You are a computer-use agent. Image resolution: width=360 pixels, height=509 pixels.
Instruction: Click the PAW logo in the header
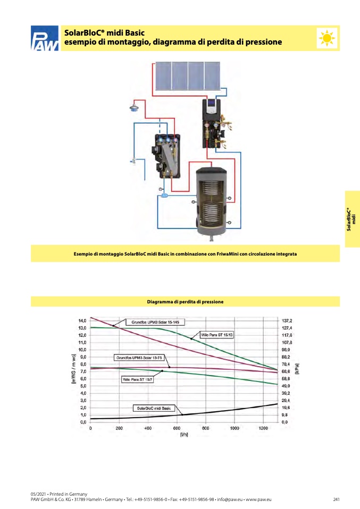[45, 38]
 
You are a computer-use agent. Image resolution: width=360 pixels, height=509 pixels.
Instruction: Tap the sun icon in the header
[327, 38]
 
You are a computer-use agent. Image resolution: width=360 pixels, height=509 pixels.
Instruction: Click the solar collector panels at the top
[188, 75]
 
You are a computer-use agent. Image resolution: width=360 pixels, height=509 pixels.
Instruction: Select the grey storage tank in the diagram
[211, 203]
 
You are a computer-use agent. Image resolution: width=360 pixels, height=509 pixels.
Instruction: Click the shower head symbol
[134, 107]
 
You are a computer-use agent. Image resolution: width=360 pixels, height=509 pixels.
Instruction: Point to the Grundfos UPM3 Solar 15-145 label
[155, 322]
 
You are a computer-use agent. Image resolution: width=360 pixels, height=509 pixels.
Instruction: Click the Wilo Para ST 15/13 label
[217, 335]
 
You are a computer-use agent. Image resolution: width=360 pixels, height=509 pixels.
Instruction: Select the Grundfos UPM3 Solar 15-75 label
[139, 358]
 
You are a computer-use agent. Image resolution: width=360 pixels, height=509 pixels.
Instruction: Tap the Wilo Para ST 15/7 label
[137, 379]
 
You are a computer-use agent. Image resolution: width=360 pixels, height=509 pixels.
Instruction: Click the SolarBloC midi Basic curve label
[154, 408]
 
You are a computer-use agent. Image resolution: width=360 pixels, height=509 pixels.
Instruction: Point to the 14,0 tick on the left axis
[82, 321]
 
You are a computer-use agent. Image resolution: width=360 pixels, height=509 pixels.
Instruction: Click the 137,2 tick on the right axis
[287, 321]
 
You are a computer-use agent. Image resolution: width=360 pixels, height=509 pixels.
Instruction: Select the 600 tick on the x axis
[177, 428]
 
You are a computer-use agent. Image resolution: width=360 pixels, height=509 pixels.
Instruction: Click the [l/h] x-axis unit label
[184, 434]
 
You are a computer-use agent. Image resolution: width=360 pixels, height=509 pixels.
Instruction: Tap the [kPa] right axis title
[297, 369]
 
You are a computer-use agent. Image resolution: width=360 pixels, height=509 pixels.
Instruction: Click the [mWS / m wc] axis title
[74, 369]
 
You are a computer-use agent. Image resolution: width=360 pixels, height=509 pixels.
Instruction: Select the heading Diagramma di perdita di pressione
[185, 302]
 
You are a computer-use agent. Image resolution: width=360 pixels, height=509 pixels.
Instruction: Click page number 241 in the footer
[336, 499]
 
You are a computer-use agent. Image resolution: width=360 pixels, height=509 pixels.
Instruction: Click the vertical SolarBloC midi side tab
[351, 219]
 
